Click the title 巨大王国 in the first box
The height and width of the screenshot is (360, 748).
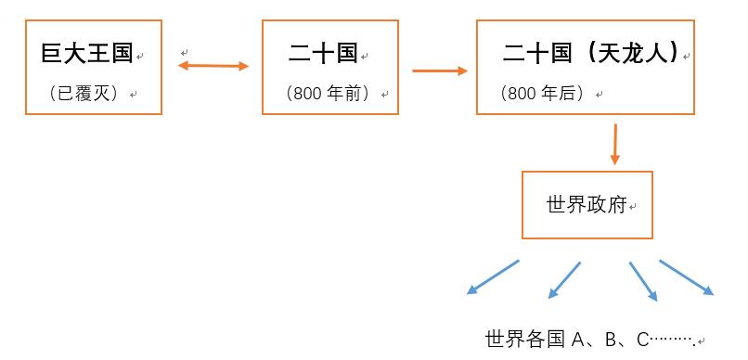pyautogui.click(x=87, y=53)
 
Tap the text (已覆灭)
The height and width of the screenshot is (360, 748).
pyautogui.click(x=87, y=94)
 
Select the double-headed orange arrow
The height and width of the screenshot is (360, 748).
pyautogui.click(x=213, y=66)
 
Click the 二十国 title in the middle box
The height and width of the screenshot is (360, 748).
pyautogui.click(x=323, y=53)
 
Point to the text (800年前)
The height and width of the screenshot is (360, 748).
pyautogui.click(x=329, y=94)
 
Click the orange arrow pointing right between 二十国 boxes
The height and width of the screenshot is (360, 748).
pyautogui.click(x=439, y=70)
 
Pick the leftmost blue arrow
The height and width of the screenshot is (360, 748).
pyautogui.click(x=492, y=277)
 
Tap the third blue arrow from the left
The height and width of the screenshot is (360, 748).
pyautogui.click(x=643, y=281)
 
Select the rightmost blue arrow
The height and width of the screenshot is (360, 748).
pyautogui.click(x=687, y=277)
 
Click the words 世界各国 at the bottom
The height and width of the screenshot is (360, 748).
pyautogui.click(x=524, y=340)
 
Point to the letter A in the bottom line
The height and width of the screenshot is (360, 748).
pyautogui.click(x=577, y=340)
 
